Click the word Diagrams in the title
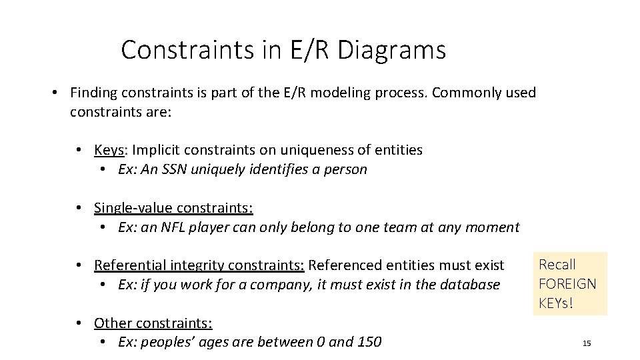click(392, 50)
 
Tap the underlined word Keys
click(109, 150)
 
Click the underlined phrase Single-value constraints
click(173, 208)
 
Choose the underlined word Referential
click(131, 265)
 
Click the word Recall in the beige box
click(557, 265)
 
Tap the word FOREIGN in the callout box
click(567, 283)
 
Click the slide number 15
click(587, 343)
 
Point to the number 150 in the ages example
click(369, 342)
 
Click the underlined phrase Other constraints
click(153, 323)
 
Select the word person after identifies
click(345, 169)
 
